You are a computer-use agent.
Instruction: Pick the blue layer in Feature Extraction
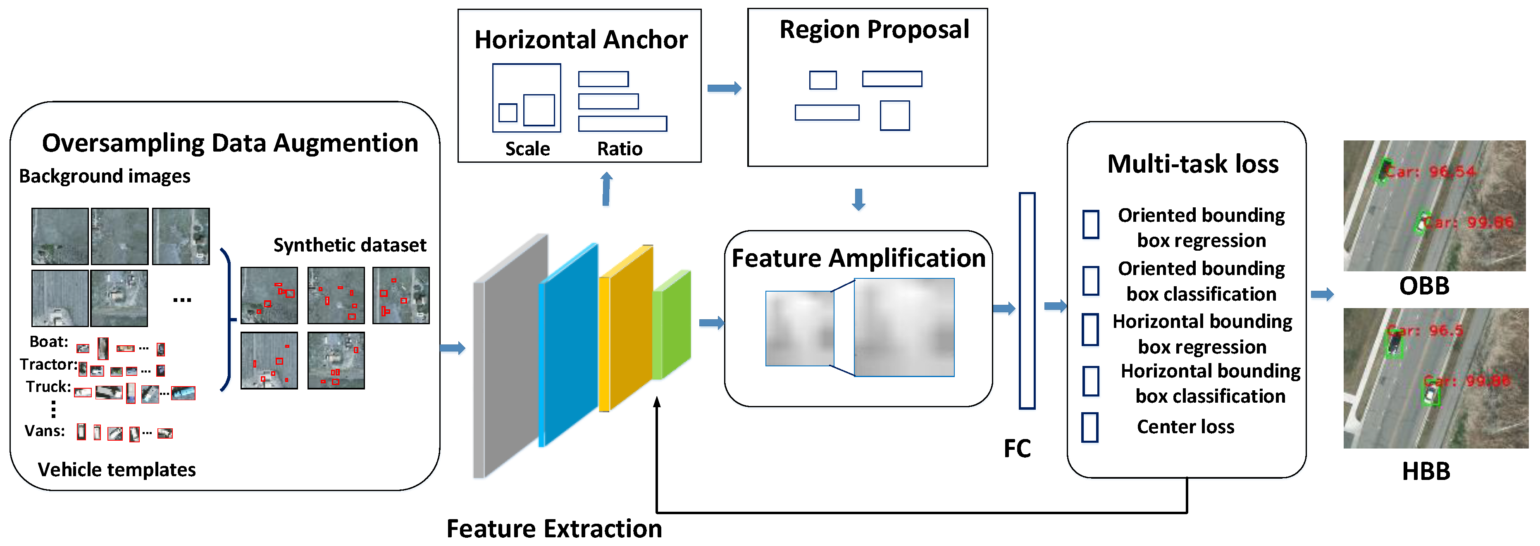[568, 347]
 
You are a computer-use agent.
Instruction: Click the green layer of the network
[672, 325]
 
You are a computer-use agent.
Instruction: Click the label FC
[1017, 449]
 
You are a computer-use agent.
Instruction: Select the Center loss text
[1185, 427]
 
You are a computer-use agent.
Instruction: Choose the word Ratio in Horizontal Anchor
[619, 149]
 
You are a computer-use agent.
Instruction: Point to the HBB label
[1426, 471]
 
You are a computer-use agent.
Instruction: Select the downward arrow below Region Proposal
[858, 199]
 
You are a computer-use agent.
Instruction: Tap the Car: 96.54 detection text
[1430, 172]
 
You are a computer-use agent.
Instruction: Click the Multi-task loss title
[1193, 164]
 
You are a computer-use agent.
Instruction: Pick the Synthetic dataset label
[350, 245]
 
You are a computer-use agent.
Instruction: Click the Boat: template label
[49, 342]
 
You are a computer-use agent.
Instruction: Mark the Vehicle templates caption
[117, 470]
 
